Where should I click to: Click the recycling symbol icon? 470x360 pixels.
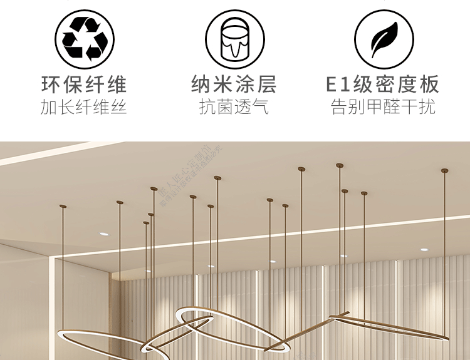(85, 38)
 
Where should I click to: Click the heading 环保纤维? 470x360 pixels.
(85, 85)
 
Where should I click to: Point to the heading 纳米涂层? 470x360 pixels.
(234, 85)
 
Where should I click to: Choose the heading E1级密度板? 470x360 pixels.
(383, 85)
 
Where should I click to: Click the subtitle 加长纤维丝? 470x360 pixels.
(85, 107)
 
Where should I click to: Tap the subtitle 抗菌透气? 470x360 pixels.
(234, 107)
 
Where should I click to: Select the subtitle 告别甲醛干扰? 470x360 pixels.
(383, 107)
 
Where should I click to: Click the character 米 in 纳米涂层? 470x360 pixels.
(223, 85)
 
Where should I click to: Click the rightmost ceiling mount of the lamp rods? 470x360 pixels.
(444, 170)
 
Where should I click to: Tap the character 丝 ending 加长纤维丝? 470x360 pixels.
(119, 107)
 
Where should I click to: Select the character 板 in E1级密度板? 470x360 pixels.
(430, 85)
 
